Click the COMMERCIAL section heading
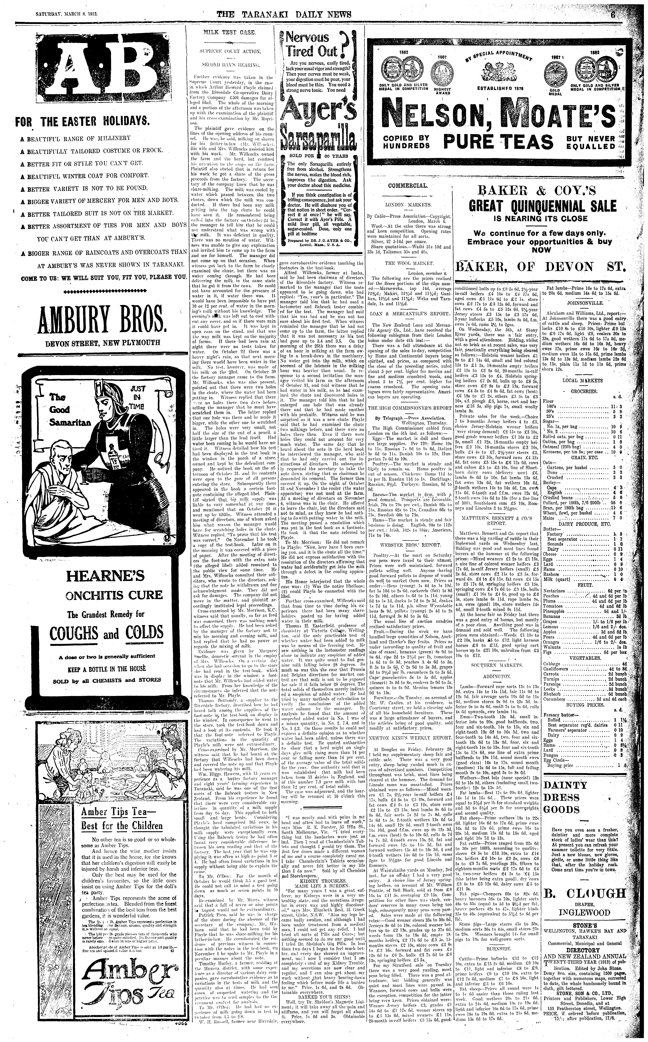click(408, 186)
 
